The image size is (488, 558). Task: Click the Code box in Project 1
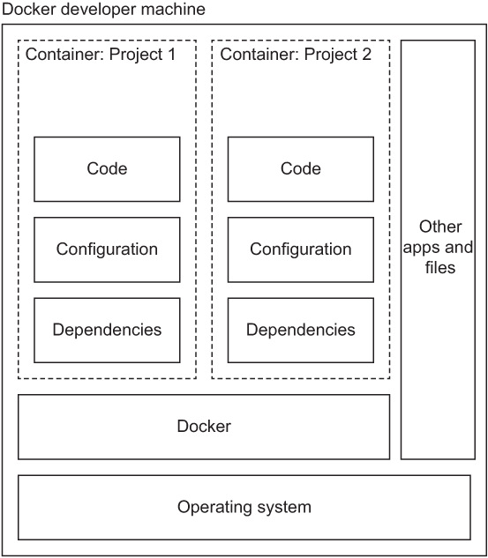(107, 169)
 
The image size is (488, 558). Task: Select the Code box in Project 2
(300, 169)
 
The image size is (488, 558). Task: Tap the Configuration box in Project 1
(107, 249)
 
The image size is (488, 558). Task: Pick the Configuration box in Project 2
(300, 249)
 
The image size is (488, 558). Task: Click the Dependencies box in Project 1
(107, 331)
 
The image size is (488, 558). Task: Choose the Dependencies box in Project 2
(300, 331)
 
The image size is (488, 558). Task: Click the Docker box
(204, 427)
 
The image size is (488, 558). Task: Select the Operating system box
(244, 508)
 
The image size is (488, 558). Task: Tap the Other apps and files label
(438, 247)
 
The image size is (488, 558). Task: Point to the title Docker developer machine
(104, 10)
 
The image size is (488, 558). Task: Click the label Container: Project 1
(101, 55)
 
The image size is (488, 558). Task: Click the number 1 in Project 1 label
(170, 55)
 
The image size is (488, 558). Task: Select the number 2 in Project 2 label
(366, 55)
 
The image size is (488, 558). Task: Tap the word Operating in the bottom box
(213, 508)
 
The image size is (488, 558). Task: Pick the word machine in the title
(176, 10)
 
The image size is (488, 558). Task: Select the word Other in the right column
(439, 227)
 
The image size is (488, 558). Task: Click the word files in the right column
(439, 266)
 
